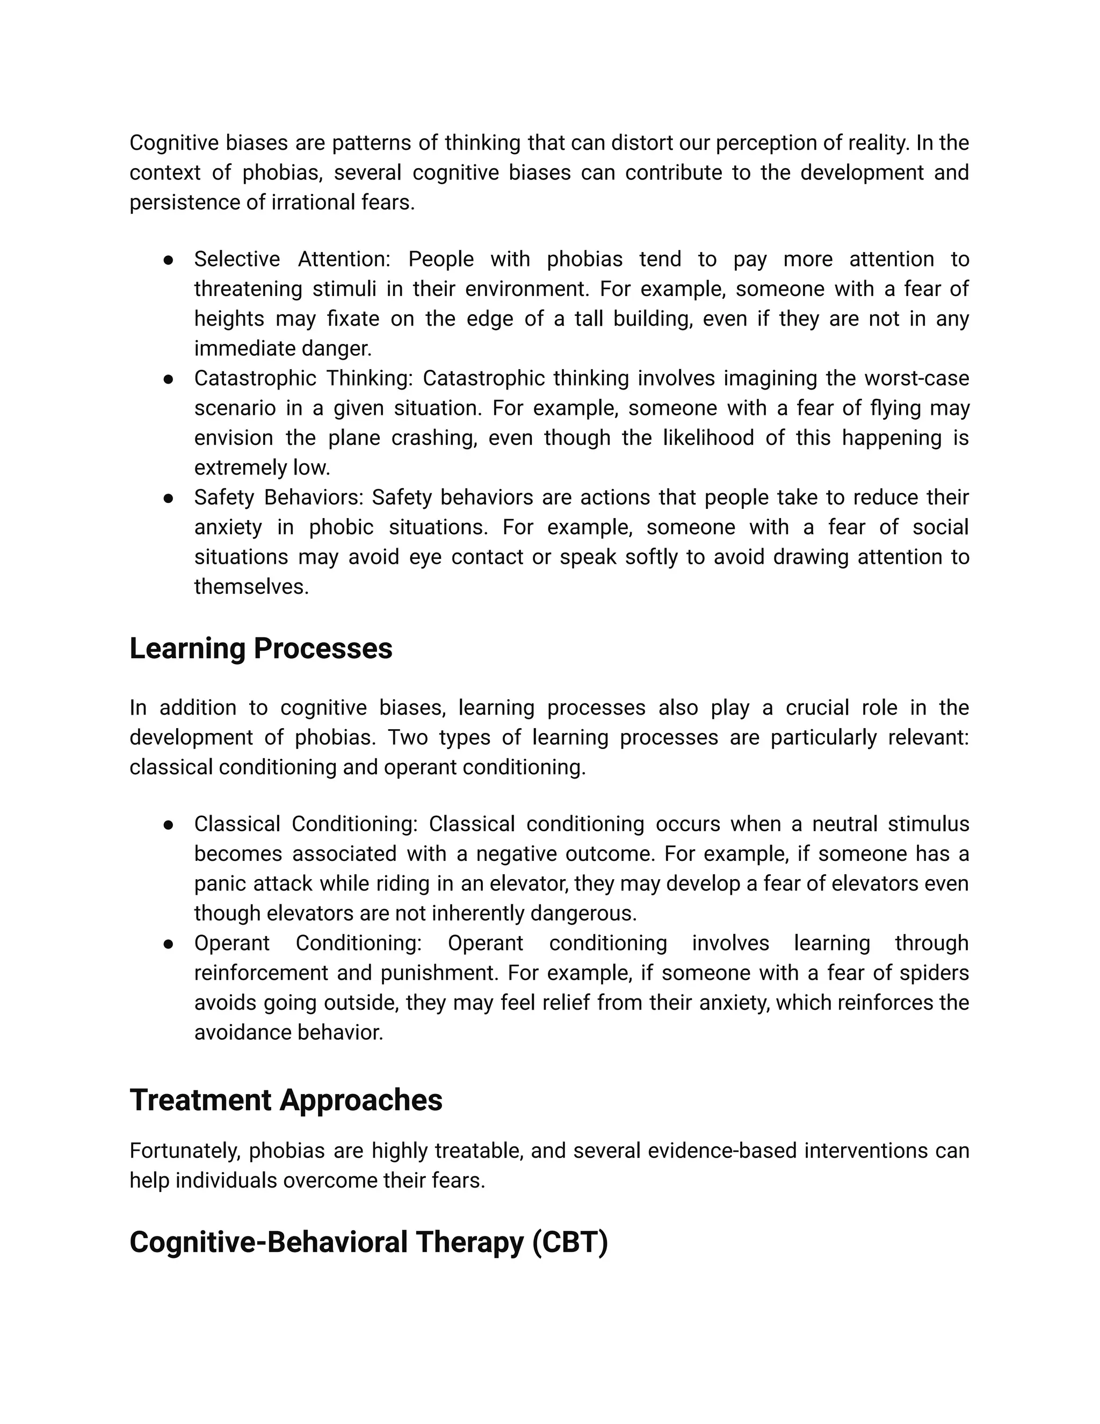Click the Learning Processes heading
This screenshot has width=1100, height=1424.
260,649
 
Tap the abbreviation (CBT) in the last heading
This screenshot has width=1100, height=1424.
570,1242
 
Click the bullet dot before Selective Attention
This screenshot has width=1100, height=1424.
168,260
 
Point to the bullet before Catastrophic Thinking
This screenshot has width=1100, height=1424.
168,379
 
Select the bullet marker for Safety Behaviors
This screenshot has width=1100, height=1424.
168,498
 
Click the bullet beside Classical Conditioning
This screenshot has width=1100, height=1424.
168,825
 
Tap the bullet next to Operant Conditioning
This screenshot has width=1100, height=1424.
168,944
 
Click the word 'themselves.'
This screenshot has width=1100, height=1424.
251,587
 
